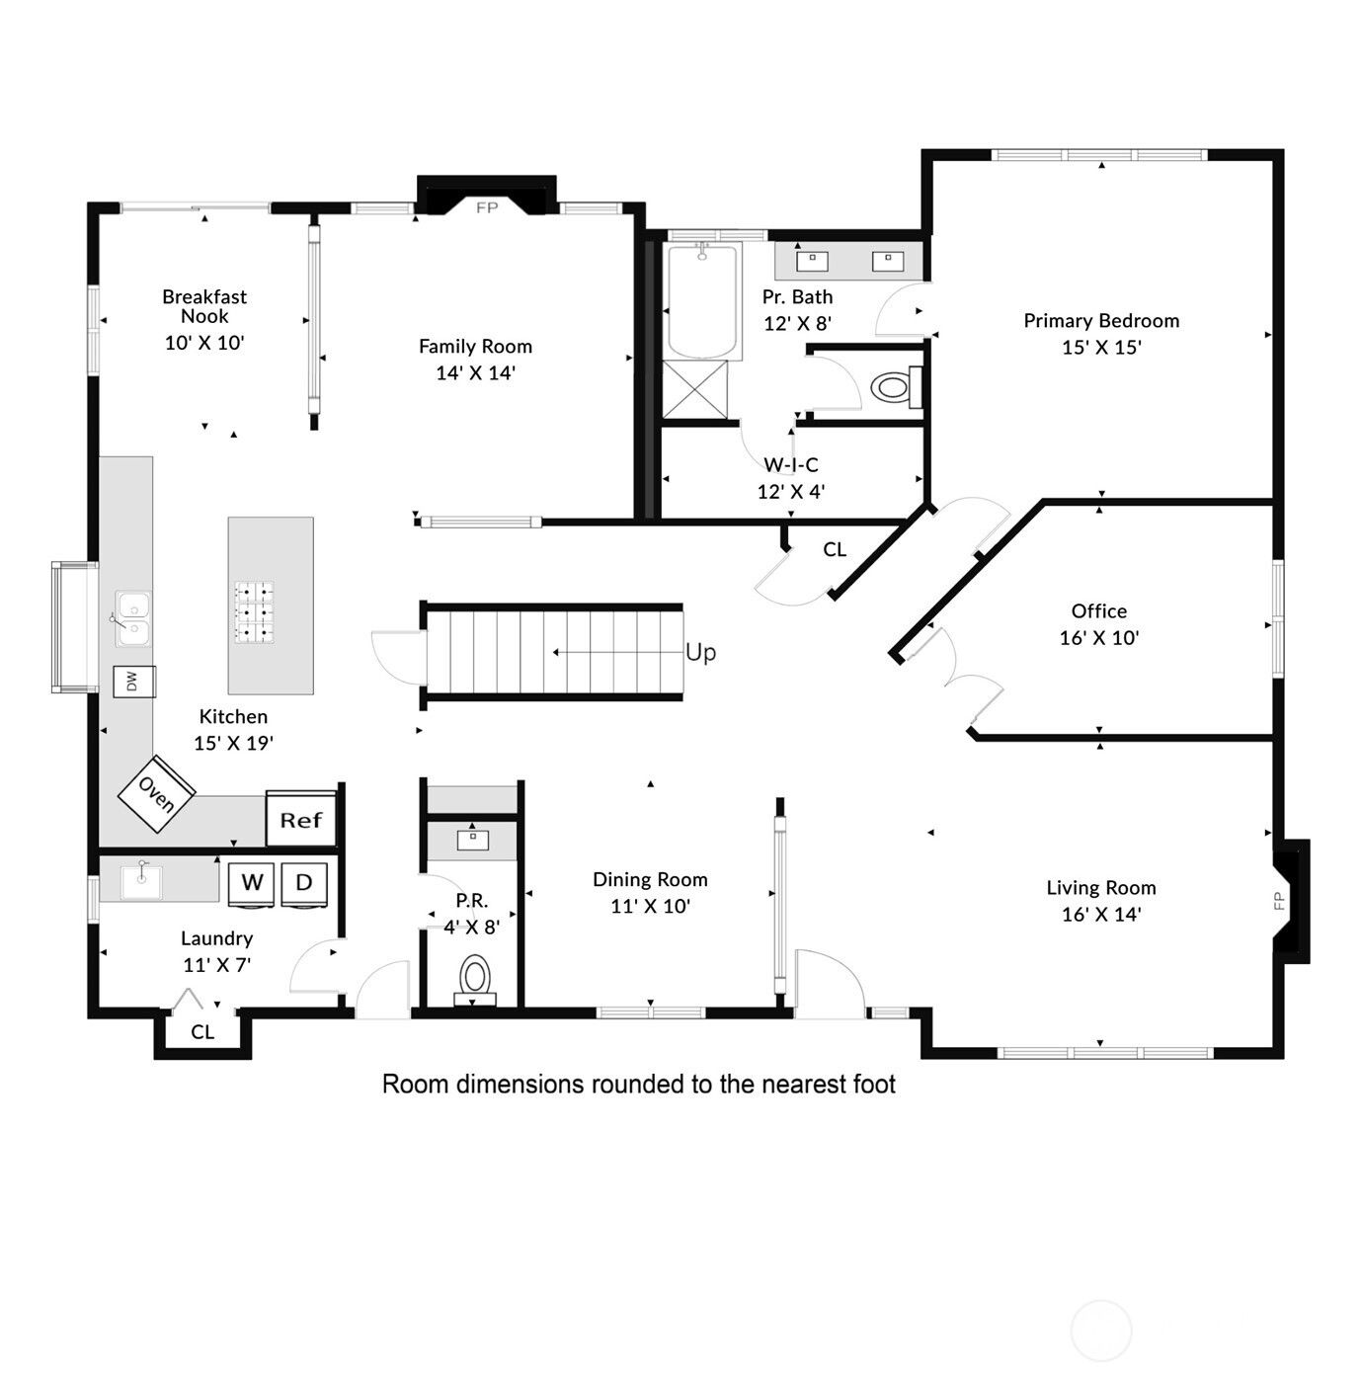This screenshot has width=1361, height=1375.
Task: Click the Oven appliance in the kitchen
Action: (x=156, y=793)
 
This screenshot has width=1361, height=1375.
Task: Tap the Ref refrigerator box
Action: (x=301, y=820)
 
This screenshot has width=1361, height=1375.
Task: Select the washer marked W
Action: (x=252, y=883)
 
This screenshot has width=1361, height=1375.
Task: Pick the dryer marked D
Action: (x=304, y=883)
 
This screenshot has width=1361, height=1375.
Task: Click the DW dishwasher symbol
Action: (x=133, y=682)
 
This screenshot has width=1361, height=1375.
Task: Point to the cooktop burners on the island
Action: (x=254, y=612)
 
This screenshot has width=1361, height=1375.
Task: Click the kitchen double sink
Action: (x=132, y=618)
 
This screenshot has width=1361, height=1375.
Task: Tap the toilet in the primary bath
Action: (x=892, y=387)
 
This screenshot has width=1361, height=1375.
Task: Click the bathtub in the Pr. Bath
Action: (x=703, y=300)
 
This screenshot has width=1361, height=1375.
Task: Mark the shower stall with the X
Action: (x=694, y=391)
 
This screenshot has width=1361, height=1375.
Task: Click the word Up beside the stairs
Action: (x=700, y=653)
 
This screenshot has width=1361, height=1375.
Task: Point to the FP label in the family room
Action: (x=487, y=208)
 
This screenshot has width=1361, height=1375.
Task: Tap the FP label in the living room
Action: (x=1278, y=900)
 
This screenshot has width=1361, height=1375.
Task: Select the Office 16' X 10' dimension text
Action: (x=1099, y=638)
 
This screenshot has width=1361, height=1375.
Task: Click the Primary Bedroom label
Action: (x=1101, y=321)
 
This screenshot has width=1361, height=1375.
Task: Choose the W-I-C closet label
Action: (x=791, y=465)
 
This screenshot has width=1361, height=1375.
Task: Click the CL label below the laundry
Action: (x=202, y=1032)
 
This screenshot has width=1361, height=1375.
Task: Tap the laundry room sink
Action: (x=141, y=880)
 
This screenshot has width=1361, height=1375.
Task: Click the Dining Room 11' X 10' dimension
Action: (x=650, y=907)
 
